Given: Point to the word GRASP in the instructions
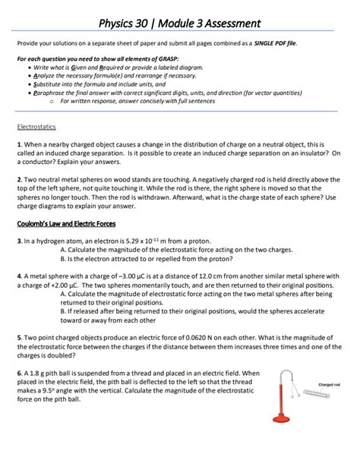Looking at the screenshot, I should [x=166, y=60].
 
